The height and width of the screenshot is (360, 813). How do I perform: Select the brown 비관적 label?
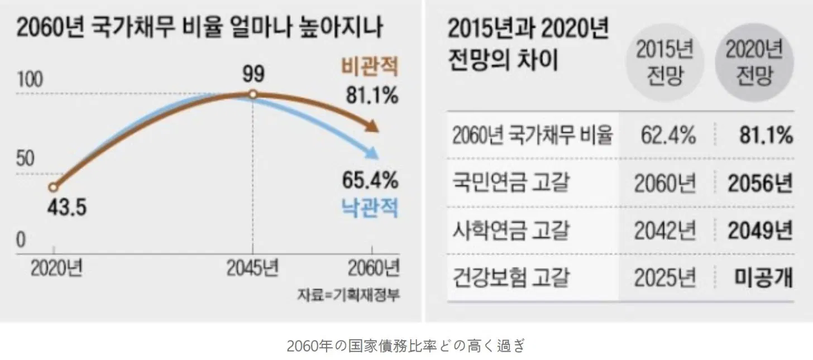coord(370,68)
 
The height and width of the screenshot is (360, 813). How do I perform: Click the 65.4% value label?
coord(370,180)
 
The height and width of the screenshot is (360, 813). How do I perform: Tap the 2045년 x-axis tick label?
coord(252,270)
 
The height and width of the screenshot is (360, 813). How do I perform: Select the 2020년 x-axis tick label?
coord(56,270)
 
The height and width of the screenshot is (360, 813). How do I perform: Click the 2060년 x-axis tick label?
coord(374,270)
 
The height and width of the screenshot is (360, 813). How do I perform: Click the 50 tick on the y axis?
coord(25,160)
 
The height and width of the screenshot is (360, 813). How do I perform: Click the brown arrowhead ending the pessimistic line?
coord(372,127)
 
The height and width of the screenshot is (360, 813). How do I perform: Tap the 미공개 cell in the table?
coord(762,277)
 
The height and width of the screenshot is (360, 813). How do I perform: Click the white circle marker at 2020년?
coord(53,188)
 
